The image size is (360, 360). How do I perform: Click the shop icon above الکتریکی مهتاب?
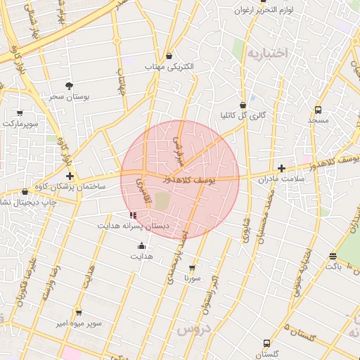click(169, 56)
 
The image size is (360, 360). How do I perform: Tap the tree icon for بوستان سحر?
click(69, 86)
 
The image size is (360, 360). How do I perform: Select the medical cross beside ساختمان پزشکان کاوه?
click(70, 176)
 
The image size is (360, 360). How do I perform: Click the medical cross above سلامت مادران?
click(281, 168)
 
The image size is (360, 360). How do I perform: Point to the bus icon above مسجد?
click(319, 110)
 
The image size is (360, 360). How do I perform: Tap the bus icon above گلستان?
click(266, 344)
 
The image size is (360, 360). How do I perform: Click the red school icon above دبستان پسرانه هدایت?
click(134, 215)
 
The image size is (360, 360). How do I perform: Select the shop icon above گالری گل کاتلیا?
click(243, 105)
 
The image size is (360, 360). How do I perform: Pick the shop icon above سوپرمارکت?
click(19, 112)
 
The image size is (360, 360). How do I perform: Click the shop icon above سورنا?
click(192, 268)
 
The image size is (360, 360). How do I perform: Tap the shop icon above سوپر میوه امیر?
click(79, 313)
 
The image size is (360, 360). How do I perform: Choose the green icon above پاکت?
click(333, 256)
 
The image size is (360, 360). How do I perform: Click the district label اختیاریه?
click(269, 53)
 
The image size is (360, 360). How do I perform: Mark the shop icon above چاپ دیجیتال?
click(26, 191)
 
